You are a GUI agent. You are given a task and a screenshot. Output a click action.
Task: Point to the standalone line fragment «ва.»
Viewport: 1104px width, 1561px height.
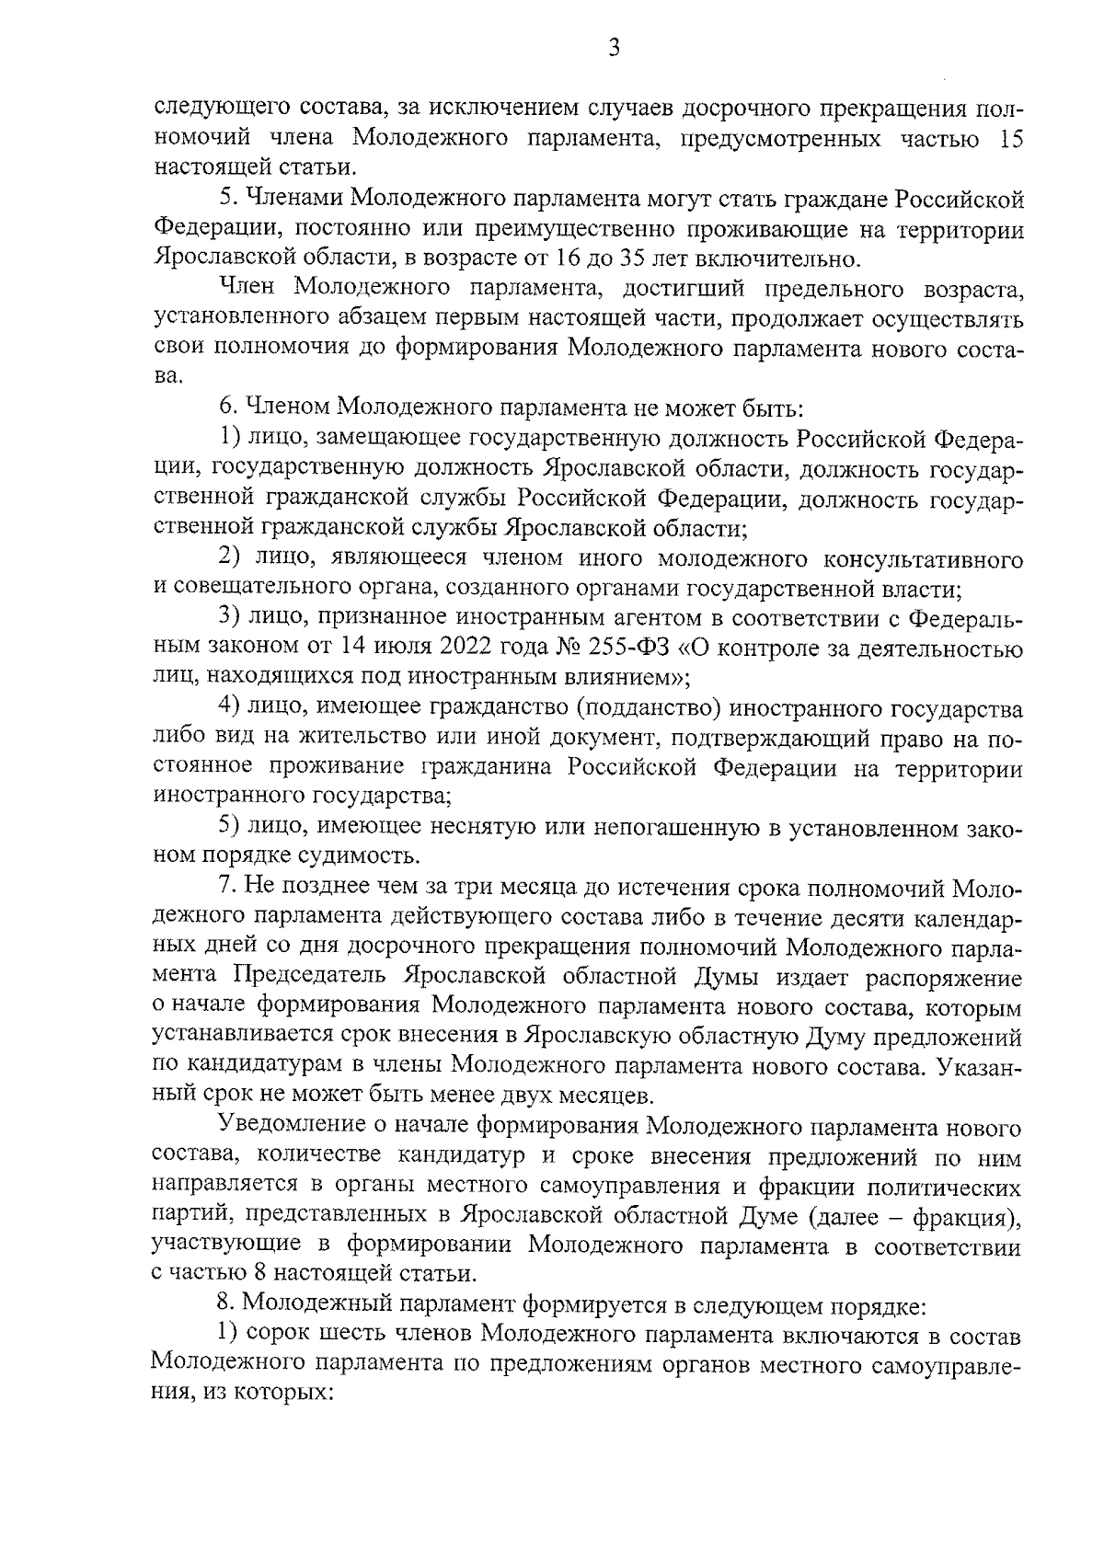pos(168,376)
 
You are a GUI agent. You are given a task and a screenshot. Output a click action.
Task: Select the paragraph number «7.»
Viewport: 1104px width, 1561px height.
pos(227,887)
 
